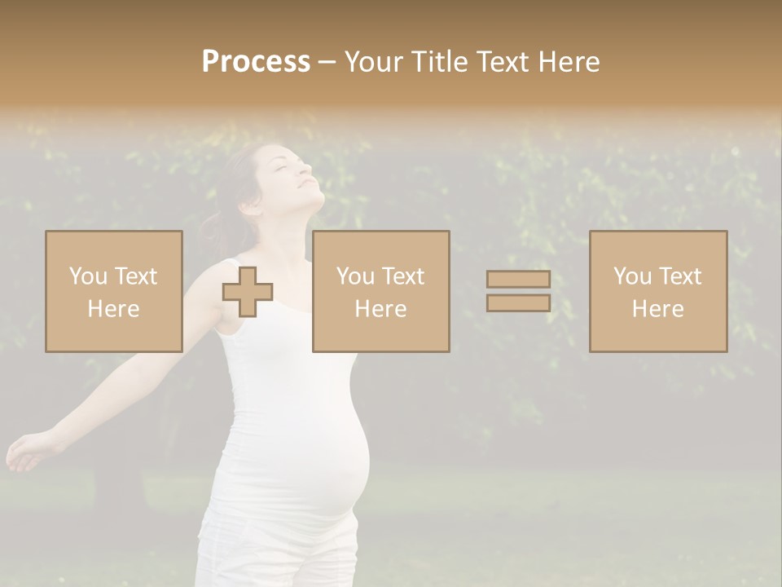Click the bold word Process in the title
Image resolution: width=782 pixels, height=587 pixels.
tap(256, 62)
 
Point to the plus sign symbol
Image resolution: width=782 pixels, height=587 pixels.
tap(248, 292)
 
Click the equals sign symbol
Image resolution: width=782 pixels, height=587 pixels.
tap(518, 291)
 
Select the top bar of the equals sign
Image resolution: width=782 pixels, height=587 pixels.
tap(518, 280)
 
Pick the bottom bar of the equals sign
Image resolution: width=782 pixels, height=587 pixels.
tap(518, 303)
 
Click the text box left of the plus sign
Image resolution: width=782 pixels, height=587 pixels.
tap(114, 291)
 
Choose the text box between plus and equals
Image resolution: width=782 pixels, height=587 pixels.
tap(381, 291)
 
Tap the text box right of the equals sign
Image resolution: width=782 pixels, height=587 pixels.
tap(658, 291)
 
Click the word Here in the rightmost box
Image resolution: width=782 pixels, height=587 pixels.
tap(658, 309)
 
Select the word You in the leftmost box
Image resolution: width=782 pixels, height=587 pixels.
tap(88, 276)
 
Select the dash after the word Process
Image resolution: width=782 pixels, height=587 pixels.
tap(327, 63)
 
